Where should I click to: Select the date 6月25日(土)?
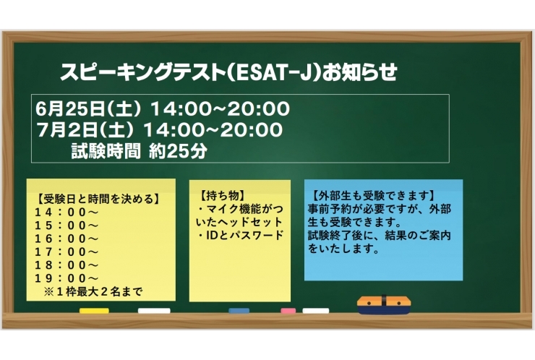(90, 110)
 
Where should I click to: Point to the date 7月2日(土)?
(86, 131)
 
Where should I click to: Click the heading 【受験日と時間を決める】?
(97, 200)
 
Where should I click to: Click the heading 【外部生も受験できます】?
(373, 195)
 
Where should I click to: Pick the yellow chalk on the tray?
(94, 311)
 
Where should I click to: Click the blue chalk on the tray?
(239, 311)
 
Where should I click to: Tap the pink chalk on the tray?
(288, 311)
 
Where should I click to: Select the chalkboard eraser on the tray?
(384, 304)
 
